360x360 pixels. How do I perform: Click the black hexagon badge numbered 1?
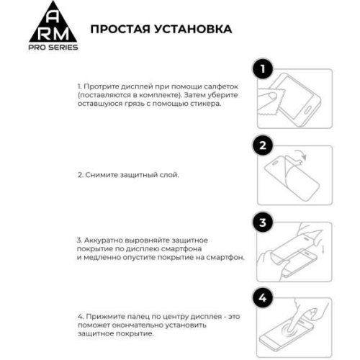tap(264, 70)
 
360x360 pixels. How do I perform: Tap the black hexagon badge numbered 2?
tap(264, 145)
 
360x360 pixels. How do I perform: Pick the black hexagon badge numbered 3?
tap(264, 222)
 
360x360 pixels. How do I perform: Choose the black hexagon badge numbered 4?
tap(264, 297)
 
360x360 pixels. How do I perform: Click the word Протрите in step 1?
tap(100, 86)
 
